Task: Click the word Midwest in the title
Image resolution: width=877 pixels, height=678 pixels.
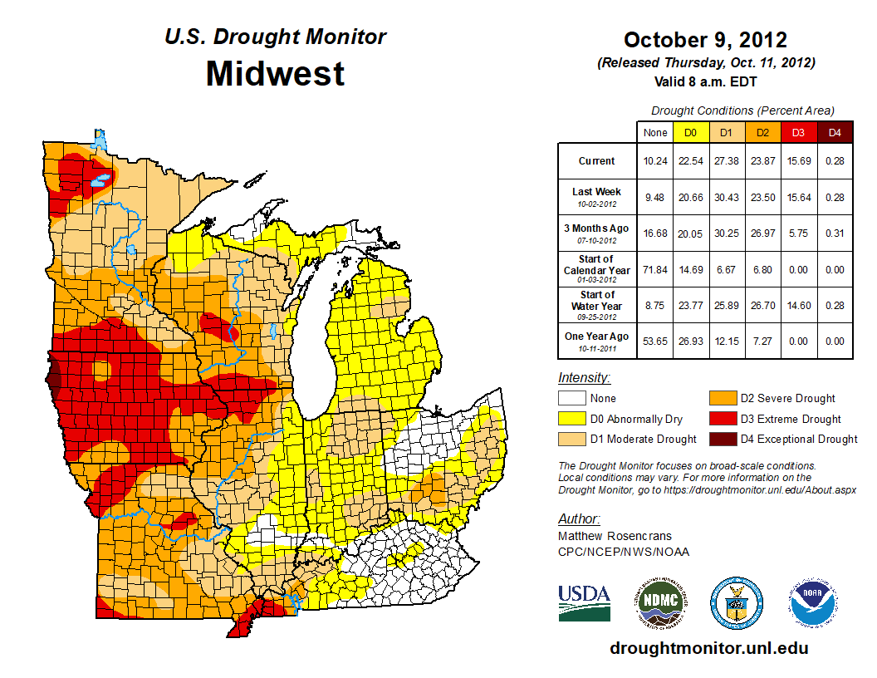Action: click(x=275, y=73)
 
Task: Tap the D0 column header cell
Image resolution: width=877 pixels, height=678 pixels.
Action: click(x=690, y=132)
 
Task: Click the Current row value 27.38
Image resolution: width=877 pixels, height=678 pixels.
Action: click(x=726, y=161)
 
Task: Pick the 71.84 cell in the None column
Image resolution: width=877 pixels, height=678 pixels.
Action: click(x=655, y=270)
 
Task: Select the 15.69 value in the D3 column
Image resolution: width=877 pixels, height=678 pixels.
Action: click(x=797, y=161)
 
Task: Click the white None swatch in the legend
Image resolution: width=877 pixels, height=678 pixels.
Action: click(x=571, y=399)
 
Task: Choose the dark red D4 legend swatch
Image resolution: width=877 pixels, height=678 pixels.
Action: click(x=721, y=439)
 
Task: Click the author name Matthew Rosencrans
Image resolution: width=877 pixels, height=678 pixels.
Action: click(x=615, y=536)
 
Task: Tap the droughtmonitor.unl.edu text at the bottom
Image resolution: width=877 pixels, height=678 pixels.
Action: click(x=708, y=648)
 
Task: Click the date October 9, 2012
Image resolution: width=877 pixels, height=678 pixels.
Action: click(x=705, y=40)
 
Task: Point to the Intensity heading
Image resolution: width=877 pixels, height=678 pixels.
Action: click(x=584, y=378)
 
